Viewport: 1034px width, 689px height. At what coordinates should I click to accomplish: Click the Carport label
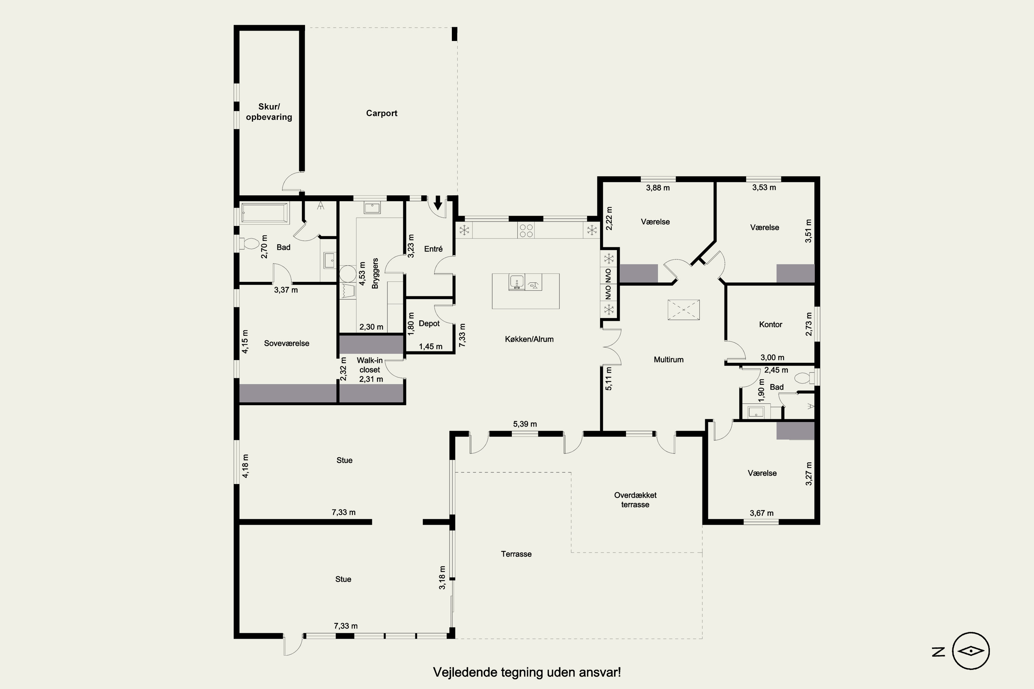[382, 113]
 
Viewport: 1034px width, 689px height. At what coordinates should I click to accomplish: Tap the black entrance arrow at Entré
[438, 203]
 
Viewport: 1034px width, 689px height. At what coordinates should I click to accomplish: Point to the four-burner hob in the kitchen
[526, 230]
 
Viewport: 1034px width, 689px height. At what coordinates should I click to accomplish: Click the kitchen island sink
[517, 282]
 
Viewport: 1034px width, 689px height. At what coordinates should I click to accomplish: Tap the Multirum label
[669, 359]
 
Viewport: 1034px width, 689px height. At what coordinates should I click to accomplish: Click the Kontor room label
[771, 324]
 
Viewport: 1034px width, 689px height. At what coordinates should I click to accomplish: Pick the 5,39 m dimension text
[525, 424]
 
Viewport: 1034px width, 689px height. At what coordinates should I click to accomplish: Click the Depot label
[429, 323]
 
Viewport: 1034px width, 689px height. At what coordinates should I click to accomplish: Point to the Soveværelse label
[287, 343]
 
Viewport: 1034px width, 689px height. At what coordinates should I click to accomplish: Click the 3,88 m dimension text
[658, 188]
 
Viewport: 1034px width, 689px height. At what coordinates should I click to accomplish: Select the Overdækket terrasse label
[635, 500]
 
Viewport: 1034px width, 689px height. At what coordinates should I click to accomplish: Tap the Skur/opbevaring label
[269, 112]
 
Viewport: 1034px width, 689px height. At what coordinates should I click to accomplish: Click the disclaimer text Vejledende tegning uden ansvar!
[527, 672]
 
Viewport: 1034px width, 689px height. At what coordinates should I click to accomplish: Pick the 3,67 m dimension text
[762, 513]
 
